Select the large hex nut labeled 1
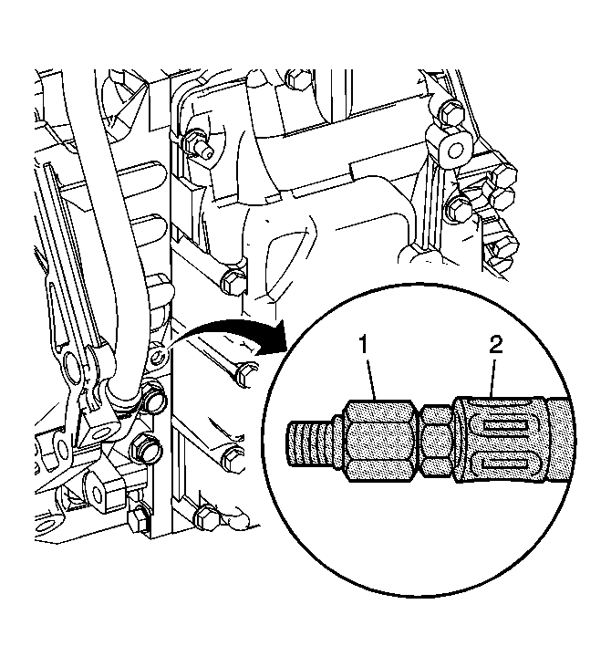pyautogui.click(x=378, y=441)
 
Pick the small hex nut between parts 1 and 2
pyautogui.click(x=437, y=440)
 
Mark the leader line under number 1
pyautogui.click(x=371, y=377)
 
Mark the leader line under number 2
pyautogui.click(x=492, y=377)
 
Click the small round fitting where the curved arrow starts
pyautogui.click(x=159, y=353)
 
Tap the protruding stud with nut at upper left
pyautogui.click(x=199, y=144)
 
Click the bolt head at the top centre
pyautogui.click(x=297, y=78)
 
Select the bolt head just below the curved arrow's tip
pyautogui.click(x=243, y=374)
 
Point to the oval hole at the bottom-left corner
pyautogui.click(x=45, y=528)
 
